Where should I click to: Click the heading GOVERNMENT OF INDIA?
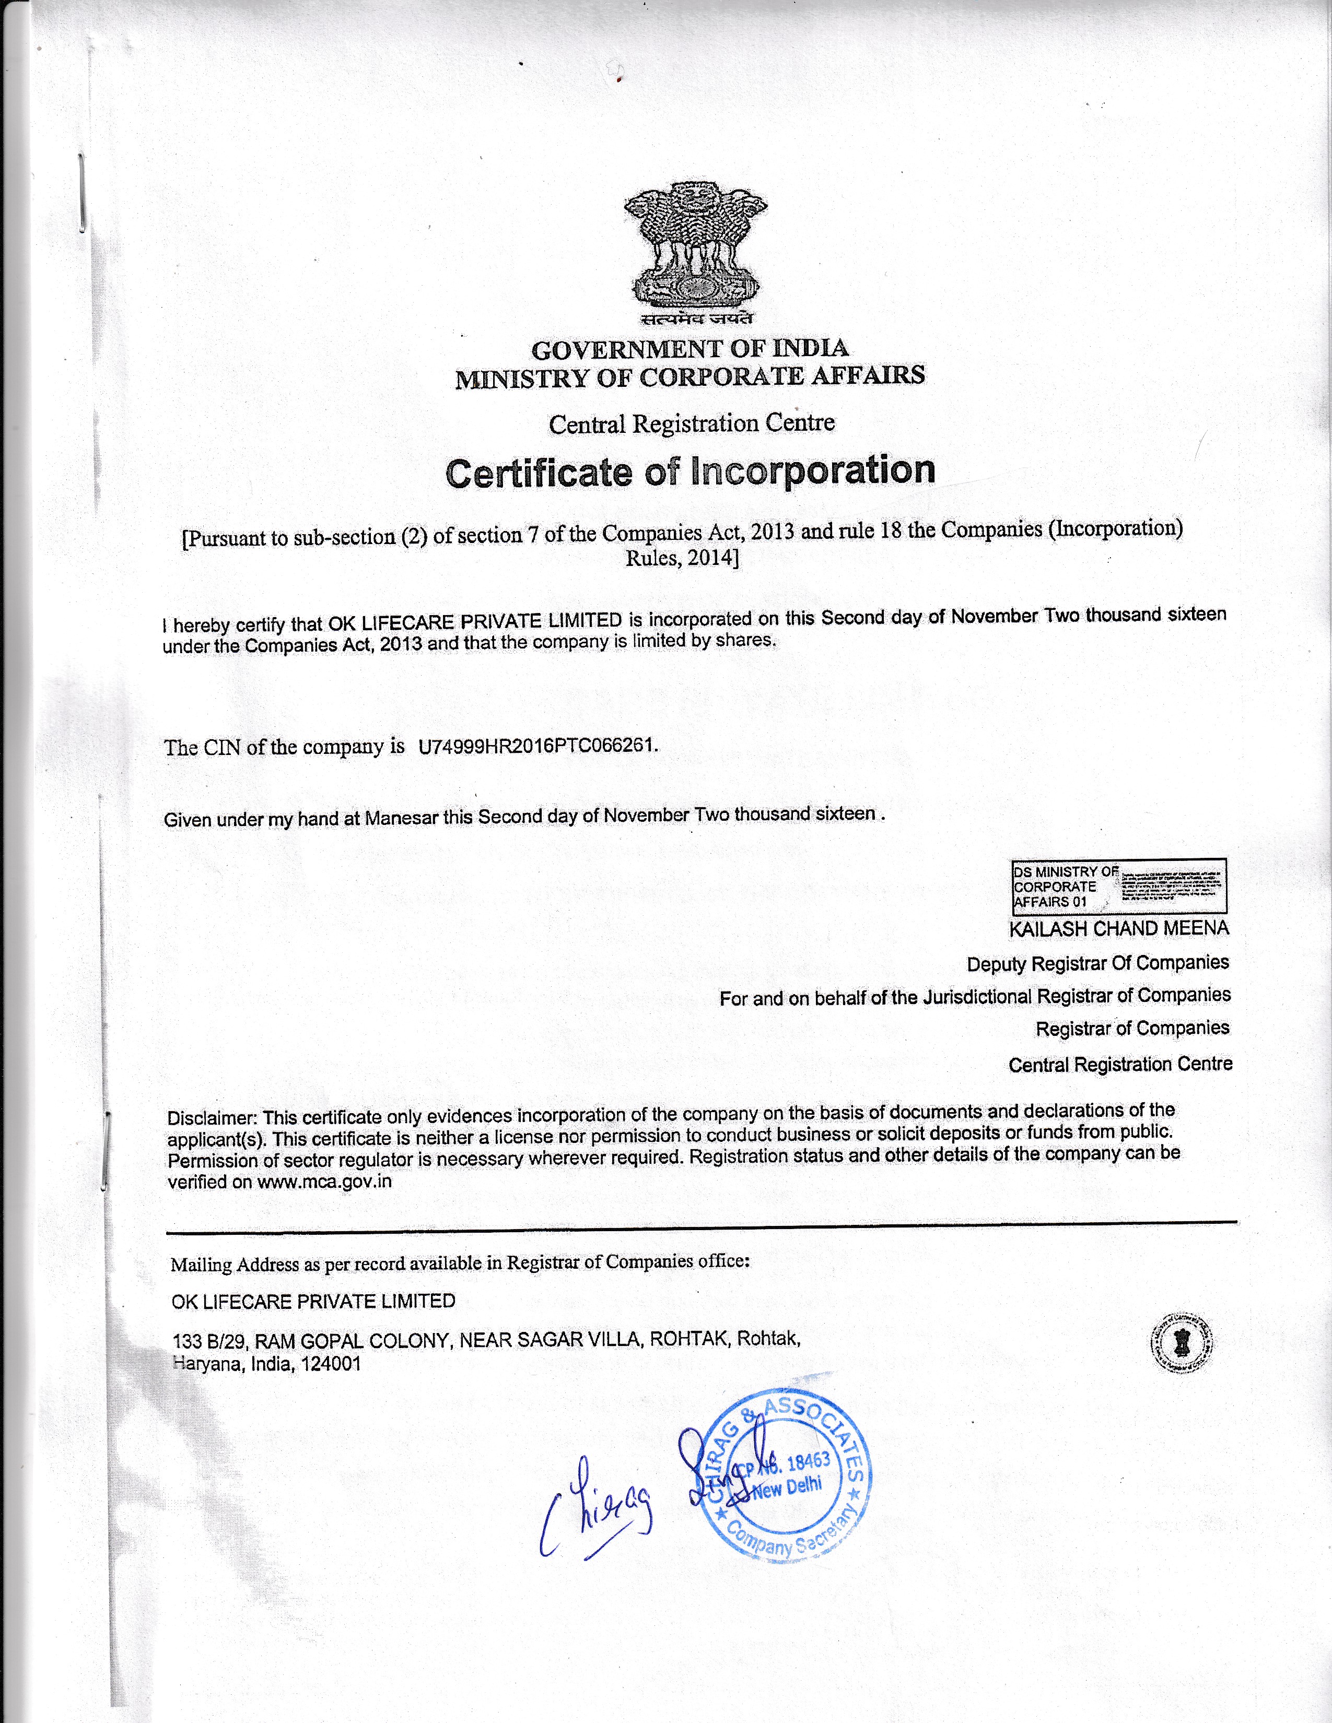[690, 349]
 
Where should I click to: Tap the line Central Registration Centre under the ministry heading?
[691, 423]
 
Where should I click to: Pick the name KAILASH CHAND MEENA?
[1118, 928]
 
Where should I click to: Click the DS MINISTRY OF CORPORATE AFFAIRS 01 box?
[1118, 886]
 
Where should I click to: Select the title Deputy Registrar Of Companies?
[1097, 963]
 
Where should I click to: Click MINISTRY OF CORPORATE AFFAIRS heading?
[690, 376]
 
